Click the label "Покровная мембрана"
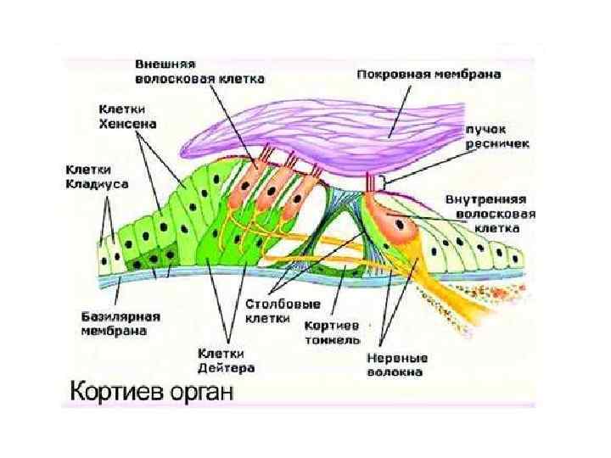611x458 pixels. click(428, 75)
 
